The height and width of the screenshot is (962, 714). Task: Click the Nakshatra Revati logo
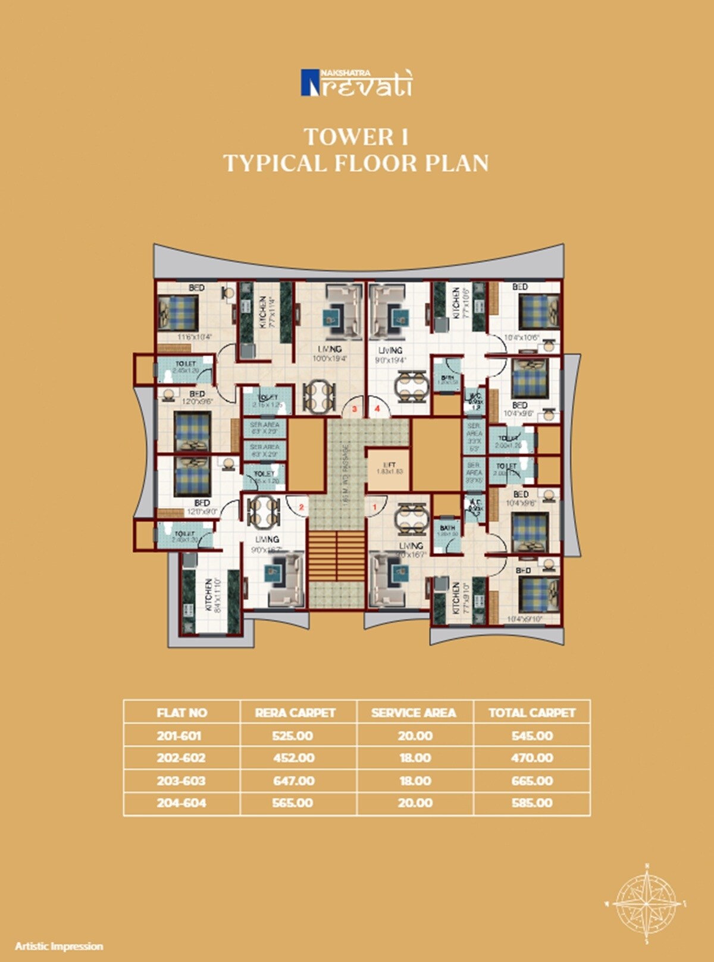[x=356, y=83]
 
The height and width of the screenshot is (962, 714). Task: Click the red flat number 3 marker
[x=355, y=409]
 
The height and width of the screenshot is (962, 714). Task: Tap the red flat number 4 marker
[x=377, y=409]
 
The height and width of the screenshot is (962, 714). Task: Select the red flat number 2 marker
[x=302, y=507]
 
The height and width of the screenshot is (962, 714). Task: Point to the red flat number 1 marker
[x=375, y=507]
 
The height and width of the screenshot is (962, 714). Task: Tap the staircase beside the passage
[x=336, y=556]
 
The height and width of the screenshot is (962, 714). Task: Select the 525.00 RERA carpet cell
[x=293, y=735]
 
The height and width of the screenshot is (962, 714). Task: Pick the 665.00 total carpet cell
[x=532, y=781]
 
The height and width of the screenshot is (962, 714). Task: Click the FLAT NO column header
[x=181, y=713]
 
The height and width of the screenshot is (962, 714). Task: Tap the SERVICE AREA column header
[x=414, y=713]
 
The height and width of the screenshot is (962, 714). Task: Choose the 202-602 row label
[x=181, y=758]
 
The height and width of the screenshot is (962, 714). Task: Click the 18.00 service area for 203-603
[x=415, y=781]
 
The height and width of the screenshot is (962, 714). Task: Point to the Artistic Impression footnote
[x=59, y=946]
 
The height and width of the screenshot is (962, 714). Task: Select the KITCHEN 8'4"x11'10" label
[x=213, y=595]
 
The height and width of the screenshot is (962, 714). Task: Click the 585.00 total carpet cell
[x=532, y=803]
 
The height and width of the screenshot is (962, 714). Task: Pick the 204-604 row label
[x=181, y=803]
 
